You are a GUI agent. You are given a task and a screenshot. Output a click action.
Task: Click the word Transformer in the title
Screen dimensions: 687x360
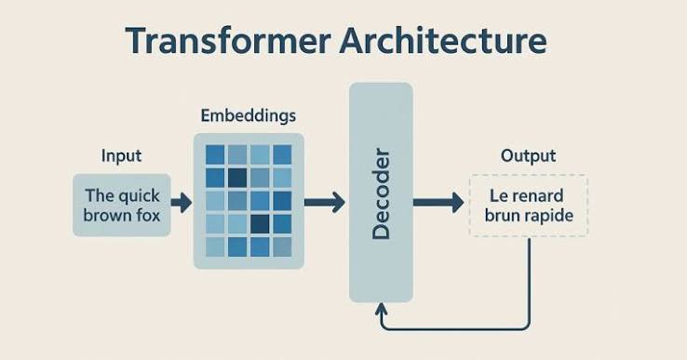[x=228, y=40]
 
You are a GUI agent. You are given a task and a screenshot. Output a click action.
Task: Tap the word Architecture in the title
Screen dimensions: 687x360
[x=443, y=40]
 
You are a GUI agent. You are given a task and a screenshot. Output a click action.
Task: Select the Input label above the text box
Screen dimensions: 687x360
[x=121, y=156]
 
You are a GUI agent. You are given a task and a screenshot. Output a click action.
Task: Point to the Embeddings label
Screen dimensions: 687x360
[x=249, y=115]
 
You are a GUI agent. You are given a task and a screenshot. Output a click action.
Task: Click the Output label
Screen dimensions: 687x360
[x=529, y=156]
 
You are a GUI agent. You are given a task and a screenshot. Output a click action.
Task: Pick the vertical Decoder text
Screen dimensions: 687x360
[x=381, y=194]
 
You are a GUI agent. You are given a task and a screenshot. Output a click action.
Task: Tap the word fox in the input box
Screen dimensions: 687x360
[x=147, y=216]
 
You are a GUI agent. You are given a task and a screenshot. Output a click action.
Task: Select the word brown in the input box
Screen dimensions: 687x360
[x=106, y=216]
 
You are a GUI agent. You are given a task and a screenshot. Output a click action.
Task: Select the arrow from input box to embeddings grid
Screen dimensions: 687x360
[x=182, y=203]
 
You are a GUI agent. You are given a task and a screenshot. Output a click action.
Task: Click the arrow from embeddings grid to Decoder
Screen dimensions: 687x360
[x=325, y=203]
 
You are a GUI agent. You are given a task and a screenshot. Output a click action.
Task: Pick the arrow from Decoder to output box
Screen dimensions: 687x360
[x=438, y=203]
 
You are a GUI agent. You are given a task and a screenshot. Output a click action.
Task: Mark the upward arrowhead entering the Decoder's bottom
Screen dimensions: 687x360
[x=381, y=308]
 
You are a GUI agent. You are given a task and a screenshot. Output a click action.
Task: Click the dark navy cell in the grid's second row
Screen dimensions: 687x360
[x=237, y=178]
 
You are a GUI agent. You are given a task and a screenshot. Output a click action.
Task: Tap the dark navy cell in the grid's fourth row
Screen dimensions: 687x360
[x=260, y=223]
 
